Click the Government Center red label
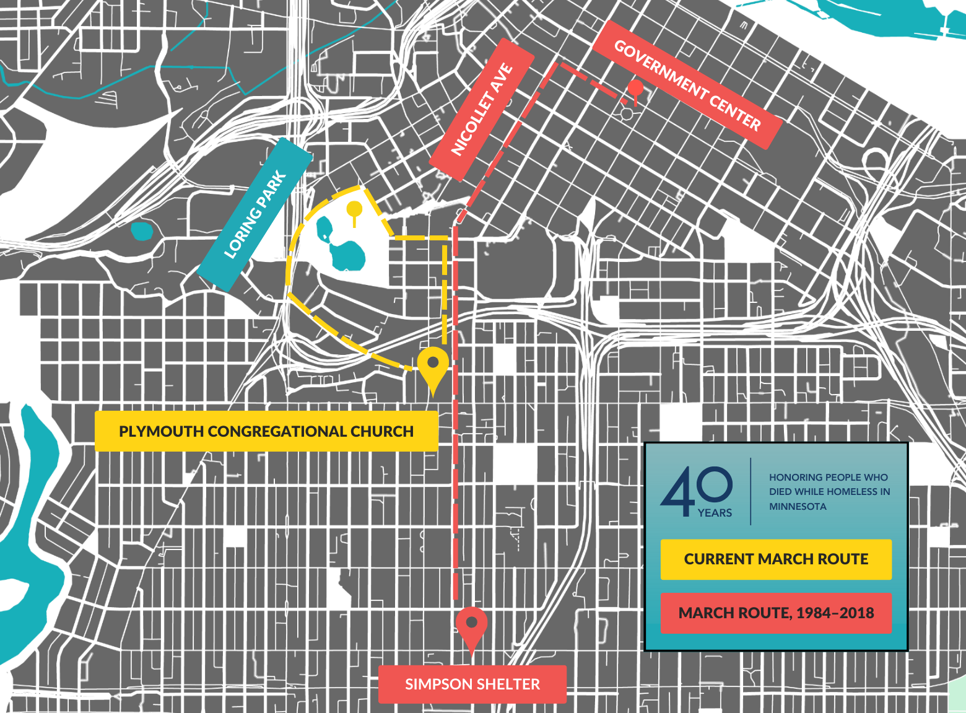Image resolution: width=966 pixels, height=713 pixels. pyautogui.click(x=687, y=85)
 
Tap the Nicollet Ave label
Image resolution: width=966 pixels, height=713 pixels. pyautogui.click(x=482, y=110)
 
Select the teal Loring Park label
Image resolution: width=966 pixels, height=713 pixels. pyautogui.click(x=255, y=214)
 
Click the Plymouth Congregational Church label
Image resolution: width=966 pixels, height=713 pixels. pyautogui.click(x=266, y=431)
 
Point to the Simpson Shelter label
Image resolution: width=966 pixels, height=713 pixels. pyautogui.click(x=472, y=684)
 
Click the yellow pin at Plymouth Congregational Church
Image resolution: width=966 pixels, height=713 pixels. pyautogui.click(x=433, y=365)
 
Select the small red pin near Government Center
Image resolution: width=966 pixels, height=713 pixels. pyautogui.click(x=635, y=89)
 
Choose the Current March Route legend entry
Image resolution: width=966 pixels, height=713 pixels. pyautogui.click(x=776, y=559)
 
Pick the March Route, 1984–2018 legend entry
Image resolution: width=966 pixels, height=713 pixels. pyautogui.click(x=776, y=613)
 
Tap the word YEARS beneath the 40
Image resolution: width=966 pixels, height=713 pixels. pyautogui.click(x=715, y=513)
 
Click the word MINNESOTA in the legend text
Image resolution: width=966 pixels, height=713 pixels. pyautogui.click(x=798, y=507)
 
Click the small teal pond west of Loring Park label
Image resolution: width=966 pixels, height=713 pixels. pyautogui.click(x=141, y=231)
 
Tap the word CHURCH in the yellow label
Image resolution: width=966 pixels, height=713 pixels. pyautogui.click(x=382, y=431)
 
